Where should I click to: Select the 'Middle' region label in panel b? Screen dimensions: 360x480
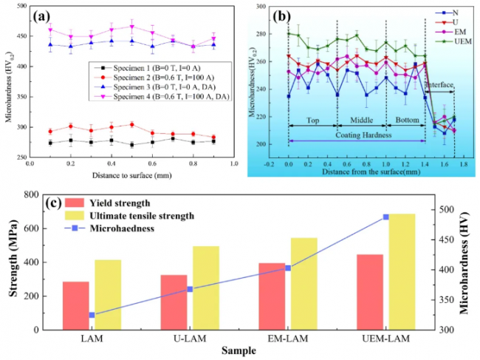[x=362, y=120]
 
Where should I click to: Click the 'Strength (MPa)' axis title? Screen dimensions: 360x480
[x=13, y=262]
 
